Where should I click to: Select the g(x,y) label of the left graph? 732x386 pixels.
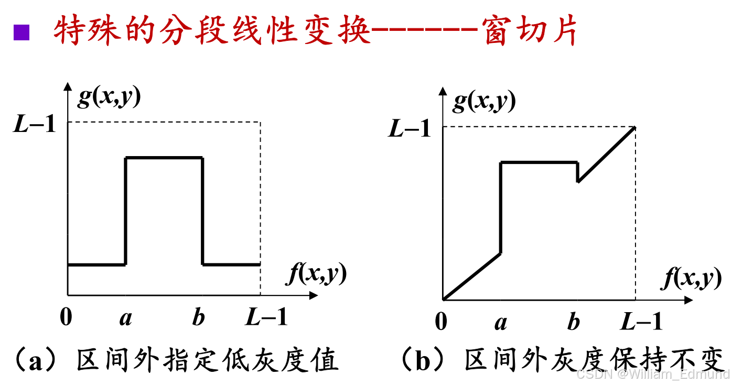point(109,97)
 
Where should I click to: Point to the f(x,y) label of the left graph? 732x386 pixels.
point(316,274)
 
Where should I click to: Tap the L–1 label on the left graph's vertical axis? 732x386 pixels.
point(34,125)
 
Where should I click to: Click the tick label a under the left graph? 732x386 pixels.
point(125,318)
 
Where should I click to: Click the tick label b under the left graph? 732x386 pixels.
point(198,318)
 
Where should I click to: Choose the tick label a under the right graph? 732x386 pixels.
point(501,323)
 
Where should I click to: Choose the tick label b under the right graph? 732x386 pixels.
point(574,323)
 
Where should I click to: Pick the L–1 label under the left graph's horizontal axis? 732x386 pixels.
point(267,317)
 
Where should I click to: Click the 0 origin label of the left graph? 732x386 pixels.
point(66,317)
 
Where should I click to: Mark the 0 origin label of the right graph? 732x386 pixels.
point(441,323)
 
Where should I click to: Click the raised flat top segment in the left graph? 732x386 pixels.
point(164,157)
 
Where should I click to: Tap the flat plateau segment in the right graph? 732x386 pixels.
point(539,162)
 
